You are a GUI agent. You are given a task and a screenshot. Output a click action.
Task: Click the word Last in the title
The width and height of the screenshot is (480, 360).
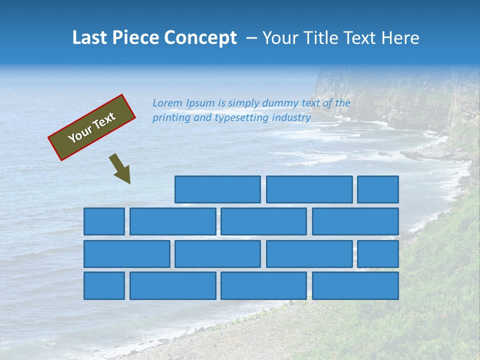89,38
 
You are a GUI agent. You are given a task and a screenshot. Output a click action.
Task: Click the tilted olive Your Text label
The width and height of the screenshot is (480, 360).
92,127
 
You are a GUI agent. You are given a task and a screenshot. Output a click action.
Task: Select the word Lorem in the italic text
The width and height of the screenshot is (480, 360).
167,103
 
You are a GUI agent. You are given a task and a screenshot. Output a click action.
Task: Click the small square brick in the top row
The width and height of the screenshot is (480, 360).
378,189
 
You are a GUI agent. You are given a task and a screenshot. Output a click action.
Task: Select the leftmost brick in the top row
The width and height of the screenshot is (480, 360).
217,189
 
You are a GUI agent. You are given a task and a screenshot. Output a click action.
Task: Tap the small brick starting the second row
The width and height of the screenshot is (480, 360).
104,221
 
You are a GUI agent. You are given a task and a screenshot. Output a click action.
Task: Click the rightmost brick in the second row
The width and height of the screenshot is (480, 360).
355,221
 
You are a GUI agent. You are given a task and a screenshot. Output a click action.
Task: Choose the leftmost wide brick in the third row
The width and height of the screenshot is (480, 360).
126,254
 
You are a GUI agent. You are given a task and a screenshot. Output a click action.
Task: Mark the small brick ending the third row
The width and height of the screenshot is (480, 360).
378,254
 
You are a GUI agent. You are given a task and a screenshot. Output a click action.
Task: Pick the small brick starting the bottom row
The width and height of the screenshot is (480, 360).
104,286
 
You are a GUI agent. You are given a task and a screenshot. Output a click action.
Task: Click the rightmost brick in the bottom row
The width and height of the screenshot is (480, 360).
355,286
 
